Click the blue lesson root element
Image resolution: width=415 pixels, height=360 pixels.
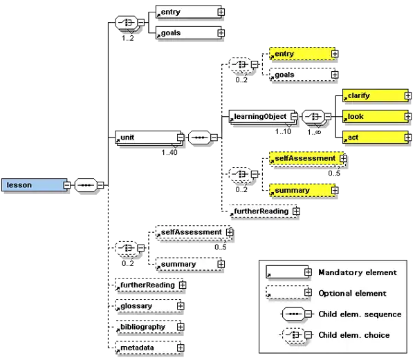[x=33, y=185]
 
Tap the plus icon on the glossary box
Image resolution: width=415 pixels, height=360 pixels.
[x=181, y=305]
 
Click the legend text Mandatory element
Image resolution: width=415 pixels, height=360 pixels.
[x=357, y=272]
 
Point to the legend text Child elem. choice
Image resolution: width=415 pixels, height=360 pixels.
[x=353, y=335]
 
